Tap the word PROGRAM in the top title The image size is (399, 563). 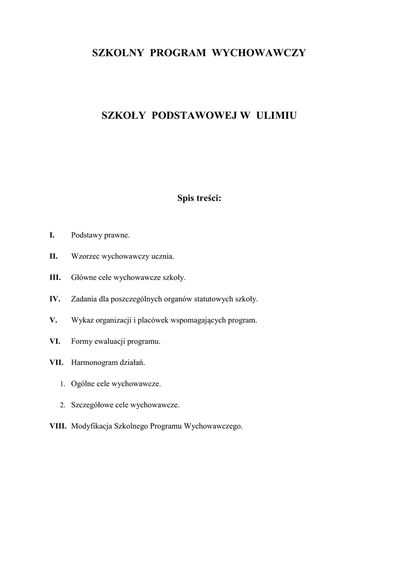coord(177,53)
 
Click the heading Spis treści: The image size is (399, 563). coord(199,198)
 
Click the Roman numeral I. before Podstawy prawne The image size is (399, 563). coord(52,235)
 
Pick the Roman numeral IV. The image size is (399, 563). coord(54,299)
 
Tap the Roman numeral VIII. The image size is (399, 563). coord(58,426)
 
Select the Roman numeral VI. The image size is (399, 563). coord(54,341)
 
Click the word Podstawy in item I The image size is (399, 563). coord(86,235)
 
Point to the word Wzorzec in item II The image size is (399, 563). coord(84,257)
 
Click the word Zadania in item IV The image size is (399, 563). coord(84,299)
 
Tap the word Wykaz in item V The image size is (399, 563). coord(82,320)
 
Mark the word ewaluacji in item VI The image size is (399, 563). coord(112,341)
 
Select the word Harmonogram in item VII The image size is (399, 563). coord(93,363)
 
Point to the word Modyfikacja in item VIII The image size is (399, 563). coord(91,426)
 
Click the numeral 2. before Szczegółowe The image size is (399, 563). coord(63,405)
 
